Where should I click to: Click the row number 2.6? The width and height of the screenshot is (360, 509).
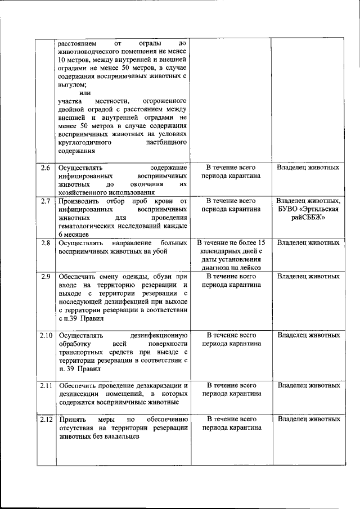coord(46,168)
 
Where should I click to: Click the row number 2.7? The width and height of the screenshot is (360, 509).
coord(46,200)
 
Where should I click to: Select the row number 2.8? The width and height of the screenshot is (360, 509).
coord(46,243)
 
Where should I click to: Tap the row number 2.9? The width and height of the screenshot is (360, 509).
coord(46,276)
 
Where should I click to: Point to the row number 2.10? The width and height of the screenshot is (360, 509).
coord(46,335)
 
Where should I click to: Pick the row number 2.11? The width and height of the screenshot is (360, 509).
coord(46,385)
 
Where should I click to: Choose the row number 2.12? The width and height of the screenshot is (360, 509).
coord(46,419)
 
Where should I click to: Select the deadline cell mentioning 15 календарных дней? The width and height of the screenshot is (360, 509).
coord(231,255)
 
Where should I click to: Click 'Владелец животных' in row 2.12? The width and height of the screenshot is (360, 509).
coord(308,419)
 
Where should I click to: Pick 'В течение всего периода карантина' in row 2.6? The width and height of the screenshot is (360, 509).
coord(231,172)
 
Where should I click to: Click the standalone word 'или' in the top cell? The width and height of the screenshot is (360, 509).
coord(85,92)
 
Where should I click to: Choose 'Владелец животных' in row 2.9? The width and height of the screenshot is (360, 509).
coord(308,276)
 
